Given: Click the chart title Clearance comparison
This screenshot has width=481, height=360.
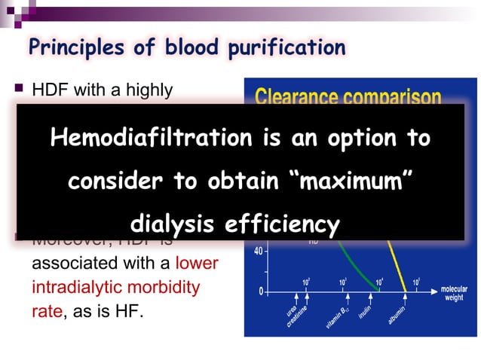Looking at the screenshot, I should pos(348,96).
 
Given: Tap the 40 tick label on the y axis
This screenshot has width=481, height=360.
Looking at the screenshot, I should pos(257,251).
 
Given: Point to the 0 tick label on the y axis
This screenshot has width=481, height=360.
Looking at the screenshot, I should pos(260,291).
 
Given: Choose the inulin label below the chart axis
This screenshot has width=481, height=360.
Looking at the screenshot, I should pos(365,312).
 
